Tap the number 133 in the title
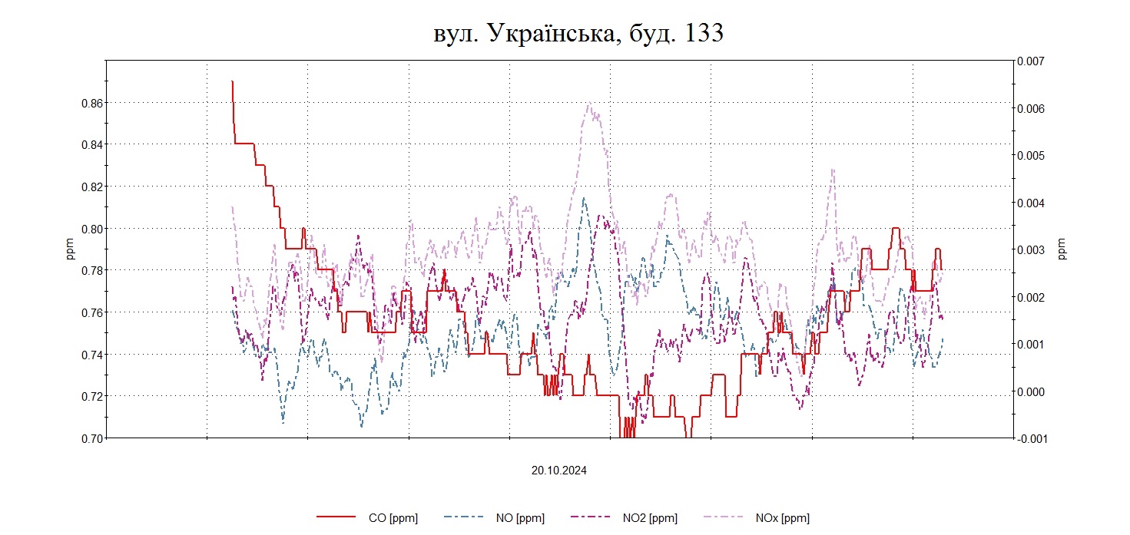click(x=700, y=33)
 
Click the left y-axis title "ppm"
click(x=71, y=249)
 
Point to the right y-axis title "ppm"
click(x=1062, y=249)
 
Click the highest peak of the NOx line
click(x=588, y=104)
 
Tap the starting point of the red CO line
click(x=232, y=81)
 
